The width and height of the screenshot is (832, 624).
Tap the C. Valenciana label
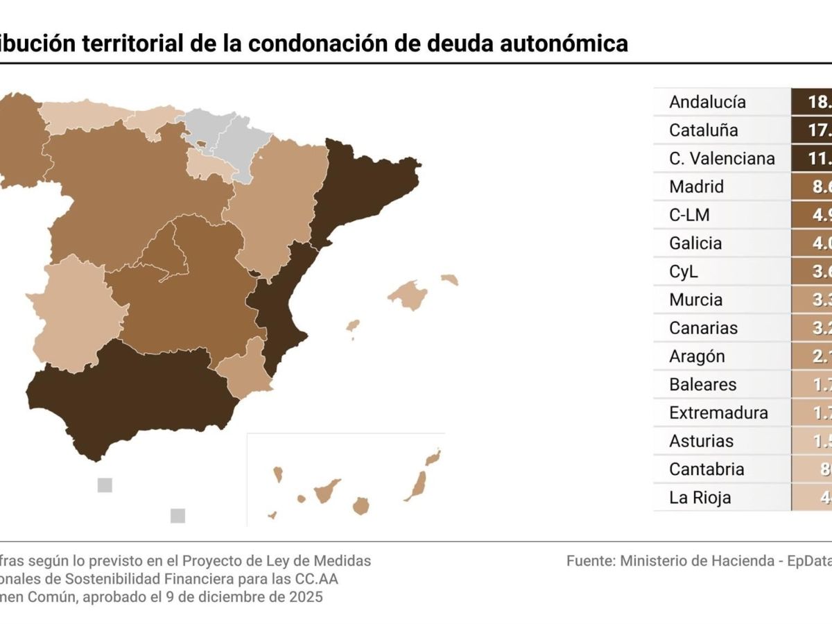(x=722, y=159)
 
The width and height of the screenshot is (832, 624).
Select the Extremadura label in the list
(x=718, y=413)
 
